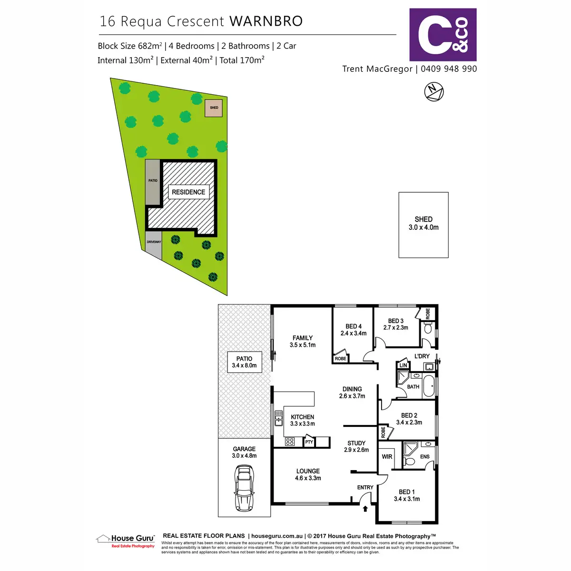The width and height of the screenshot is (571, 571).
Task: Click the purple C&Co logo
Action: point(443,34)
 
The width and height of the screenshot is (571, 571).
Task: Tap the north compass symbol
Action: point(433,91)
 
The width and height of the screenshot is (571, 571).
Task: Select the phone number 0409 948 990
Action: point(449,69)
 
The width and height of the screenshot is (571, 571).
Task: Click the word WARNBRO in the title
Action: point(266,21)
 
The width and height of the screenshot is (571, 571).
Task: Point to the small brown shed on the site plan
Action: point(214,108)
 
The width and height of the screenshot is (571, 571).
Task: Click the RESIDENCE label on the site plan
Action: point(188,192)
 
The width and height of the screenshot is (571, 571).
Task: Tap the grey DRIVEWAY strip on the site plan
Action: point(154,245)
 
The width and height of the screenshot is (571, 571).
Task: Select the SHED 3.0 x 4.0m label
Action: point(423,223)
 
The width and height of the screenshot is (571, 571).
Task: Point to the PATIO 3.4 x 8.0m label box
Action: point(244,362)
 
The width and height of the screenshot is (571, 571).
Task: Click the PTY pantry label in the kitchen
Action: point(309,442)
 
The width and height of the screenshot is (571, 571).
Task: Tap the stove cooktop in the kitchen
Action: point(290,442)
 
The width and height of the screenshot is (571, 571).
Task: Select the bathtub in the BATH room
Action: point(429,386)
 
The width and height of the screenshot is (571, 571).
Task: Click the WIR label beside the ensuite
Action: point(387,457)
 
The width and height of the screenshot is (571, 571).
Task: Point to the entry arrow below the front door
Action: point(365,509)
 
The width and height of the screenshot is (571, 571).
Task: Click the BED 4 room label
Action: point(354,330)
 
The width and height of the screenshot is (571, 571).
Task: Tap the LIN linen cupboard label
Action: point(404,365)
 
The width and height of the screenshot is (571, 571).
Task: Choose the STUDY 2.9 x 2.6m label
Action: point(356,446)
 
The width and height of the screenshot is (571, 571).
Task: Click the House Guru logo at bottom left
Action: point(126,541)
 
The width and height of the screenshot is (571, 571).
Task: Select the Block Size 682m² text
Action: point(129,46)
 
